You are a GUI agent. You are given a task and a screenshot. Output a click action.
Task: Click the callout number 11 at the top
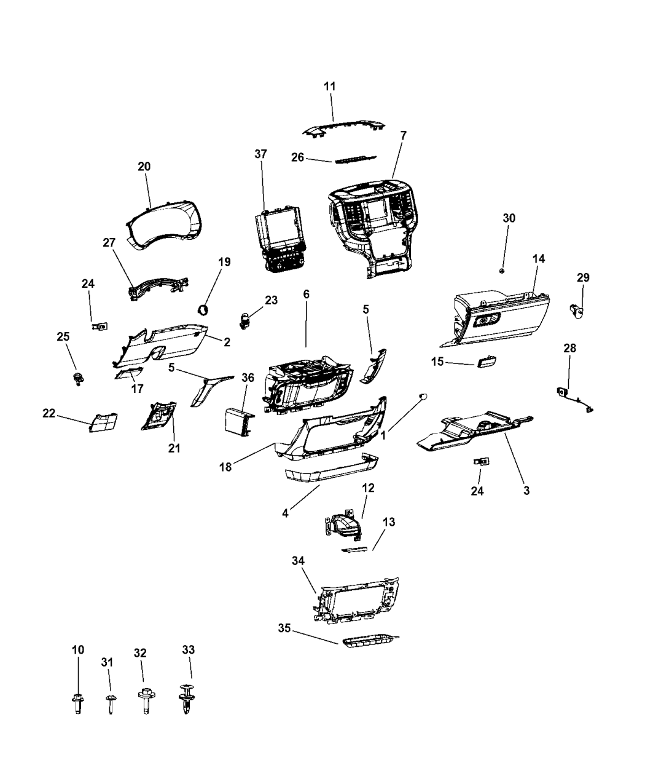[330, 87]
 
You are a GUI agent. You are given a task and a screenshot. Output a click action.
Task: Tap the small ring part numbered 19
[204, 308]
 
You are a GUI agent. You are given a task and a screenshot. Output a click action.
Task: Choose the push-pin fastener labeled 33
[187, 700]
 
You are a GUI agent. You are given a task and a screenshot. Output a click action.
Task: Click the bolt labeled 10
[77, 702]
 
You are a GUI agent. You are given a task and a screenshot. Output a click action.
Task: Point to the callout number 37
[261, 154]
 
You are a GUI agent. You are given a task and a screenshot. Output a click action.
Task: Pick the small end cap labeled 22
[104, 422]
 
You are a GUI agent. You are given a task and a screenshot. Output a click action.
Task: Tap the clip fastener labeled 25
[78, 378]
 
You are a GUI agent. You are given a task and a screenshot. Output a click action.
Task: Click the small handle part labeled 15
[487, 361]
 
